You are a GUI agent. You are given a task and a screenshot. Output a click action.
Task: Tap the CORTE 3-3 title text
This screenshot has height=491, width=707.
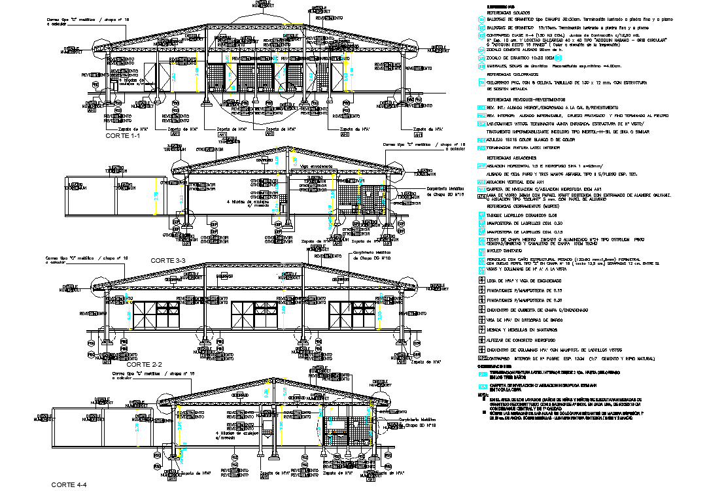pos(169,260)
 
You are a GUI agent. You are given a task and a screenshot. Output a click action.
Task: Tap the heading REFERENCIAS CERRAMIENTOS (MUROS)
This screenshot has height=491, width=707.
pos(523,206)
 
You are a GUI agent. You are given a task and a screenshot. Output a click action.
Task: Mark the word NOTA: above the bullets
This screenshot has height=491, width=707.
pos(483,394)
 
